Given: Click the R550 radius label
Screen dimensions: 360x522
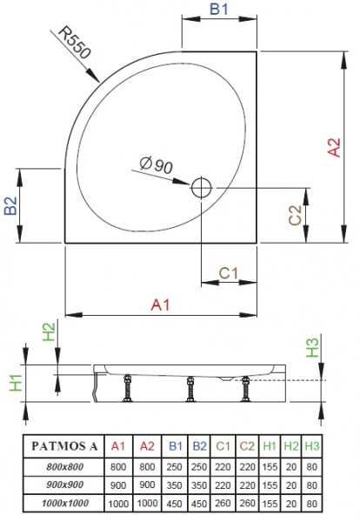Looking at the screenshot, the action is (x=75, y=42).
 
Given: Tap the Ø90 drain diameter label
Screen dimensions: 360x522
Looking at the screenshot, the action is (x=157, y=164).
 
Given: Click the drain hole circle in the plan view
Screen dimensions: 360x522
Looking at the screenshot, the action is (x=201, y=188).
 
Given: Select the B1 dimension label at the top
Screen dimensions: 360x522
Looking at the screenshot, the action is (x=219, y=9).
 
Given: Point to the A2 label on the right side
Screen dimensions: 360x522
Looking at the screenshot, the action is (x=334, y=147).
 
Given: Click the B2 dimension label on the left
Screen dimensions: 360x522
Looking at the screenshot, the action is (x=10, y=205).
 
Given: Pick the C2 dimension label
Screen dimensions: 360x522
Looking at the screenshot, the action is (x=295, y=215).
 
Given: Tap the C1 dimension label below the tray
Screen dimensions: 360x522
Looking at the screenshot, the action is (x=229, y=273).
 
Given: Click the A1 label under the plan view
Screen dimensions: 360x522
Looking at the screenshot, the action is (x=160, y=304).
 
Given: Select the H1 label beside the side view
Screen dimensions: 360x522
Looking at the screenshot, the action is (x=16, y=383).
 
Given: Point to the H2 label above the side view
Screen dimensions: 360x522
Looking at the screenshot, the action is (x=49, y=332).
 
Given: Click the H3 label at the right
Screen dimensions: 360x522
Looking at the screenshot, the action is (x=312, y=347).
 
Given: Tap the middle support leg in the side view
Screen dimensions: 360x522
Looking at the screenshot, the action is (x=190, y=389).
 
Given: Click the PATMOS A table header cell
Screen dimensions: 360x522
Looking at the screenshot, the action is (x=64, y=445).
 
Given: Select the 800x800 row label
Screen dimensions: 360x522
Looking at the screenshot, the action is (x=64, y=466).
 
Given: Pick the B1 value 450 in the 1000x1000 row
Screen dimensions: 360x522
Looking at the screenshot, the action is (x=174, y=504).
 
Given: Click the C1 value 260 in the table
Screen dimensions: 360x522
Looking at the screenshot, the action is (x=223, y=503).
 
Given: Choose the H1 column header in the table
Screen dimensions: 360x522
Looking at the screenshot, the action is (x=270, y=446).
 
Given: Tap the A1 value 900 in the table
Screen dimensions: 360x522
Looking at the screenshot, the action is (x=118, y=485).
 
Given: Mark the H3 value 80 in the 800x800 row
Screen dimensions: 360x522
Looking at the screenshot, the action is (x=312, y=466).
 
